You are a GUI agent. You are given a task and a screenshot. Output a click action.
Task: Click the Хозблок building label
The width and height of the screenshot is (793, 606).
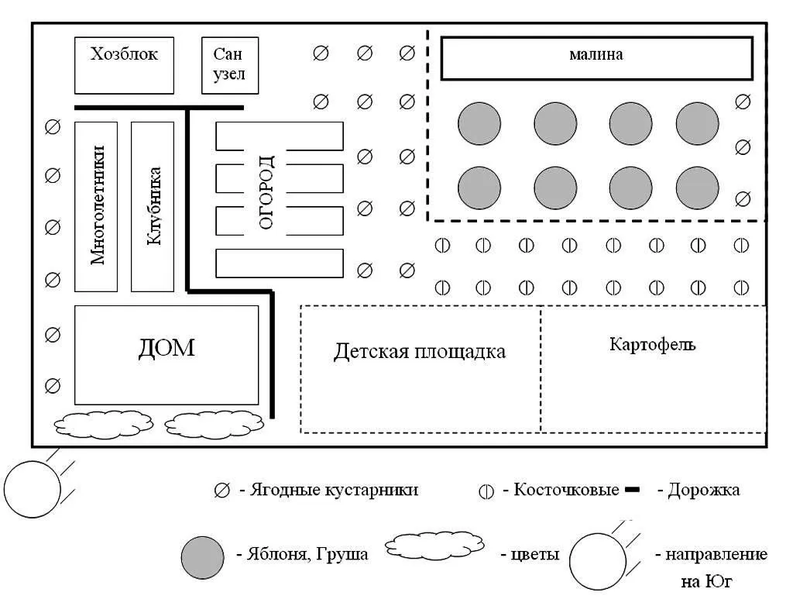pyautogui.click(x=124, y=54)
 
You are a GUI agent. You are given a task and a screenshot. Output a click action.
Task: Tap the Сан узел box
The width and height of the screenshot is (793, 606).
pyautogui.click(x=229, y=65)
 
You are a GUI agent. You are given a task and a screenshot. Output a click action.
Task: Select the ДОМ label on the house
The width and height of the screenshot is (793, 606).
pyautogui.click(x=166, y=348)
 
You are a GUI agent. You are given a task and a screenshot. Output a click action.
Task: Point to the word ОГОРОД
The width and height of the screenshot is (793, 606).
pyautogui.click(x=266, y=191)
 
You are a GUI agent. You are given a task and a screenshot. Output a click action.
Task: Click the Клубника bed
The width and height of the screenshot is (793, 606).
pyautogui.click(x=153, y=206)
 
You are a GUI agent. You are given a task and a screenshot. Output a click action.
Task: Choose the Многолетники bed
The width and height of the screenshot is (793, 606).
pyautogui.click(x=97, y=206)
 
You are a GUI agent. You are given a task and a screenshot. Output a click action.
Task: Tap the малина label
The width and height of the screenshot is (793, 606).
pyautogui.click(x=596, y=55)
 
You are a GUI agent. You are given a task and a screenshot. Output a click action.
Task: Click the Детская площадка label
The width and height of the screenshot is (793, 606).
pyautogui.click(x=420, y=352)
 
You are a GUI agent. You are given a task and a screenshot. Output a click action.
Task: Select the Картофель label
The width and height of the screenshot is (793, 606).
pyautogui.click(x=653, y=344)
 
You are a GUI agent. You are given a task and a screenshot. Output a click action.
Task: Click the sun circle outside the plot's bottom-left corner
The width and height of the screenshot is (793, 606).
pyautogui.click(x=33, y=488)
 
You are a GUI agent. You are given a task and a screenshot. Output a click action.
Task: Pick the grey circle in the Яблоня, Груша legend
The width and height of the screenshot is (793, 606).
pyautogui.click(x=204, y=555)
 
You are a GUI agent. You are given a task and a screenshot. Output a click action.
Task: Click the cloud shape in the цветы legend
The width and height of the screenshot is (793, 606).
pyautogui.click(x=434, y=546)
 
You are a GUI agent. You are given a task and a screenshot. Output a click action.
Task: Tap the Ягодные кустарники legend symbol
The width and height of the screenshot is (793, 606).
pyautogui.click(x=222, y=491)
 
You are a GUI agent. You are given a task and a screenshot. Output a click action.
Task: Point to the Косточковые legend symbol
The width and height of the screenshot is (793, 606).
pyautogui.click(x=486, y=491)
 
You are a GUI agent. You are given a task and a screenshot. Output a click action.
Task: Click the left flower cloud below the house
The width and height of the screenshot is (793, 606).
pyautogui.click(x=103, y=424)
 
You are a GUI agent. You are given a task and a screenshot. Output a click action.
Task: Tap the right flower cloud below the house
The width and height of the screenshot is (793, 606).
pyautogui.click(x=215, y=425)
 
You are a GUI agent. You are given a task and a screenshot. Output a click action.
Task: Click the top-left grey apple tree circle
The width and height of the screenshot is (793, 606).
pyautogui.click(x=479, y=124)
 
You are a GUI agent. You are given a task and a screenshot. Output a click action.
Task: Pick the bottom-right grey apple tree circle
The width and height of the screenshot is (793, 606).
pyautogui.click(x=698, y=188)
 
